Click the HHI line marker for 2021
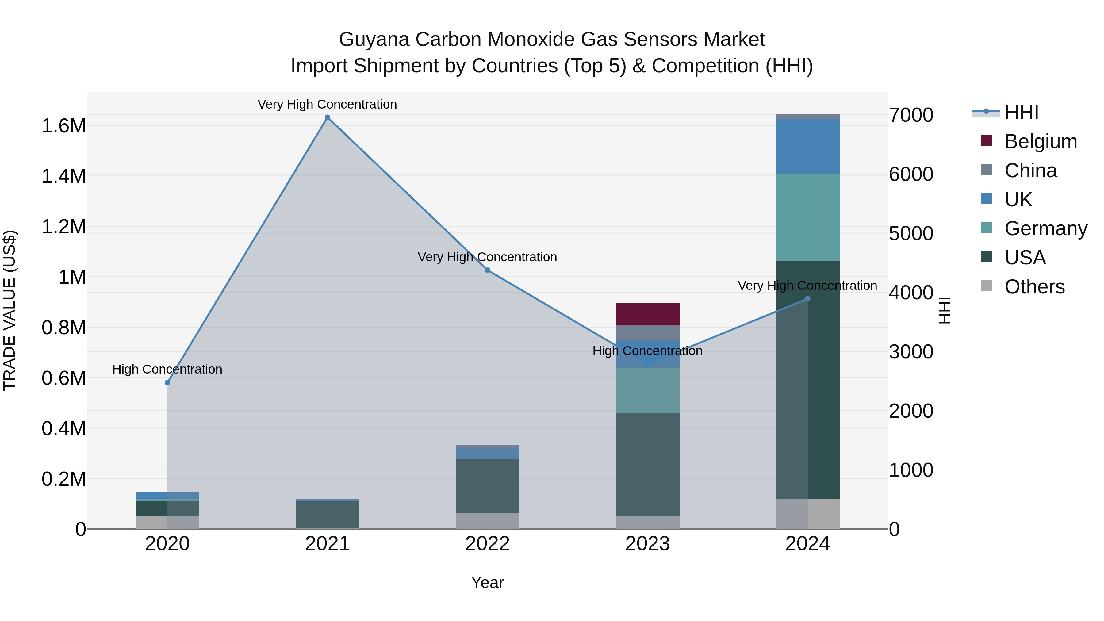328,117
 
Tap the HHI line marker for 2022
487,270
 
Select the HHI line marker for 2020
167,383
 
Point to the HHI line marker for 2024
807,299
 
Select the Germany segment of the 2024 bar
807,217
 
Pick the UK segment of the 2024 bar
807,147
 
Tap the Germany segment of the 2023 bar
648,390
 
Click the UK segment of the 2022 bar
487,454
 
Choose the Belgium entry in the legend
1040,141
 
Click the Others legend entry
1034,287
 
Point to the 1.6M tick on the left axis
64,126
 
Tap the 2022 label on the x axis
487,544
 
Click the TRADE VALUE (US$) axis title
10,310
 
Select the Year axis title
487,582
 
